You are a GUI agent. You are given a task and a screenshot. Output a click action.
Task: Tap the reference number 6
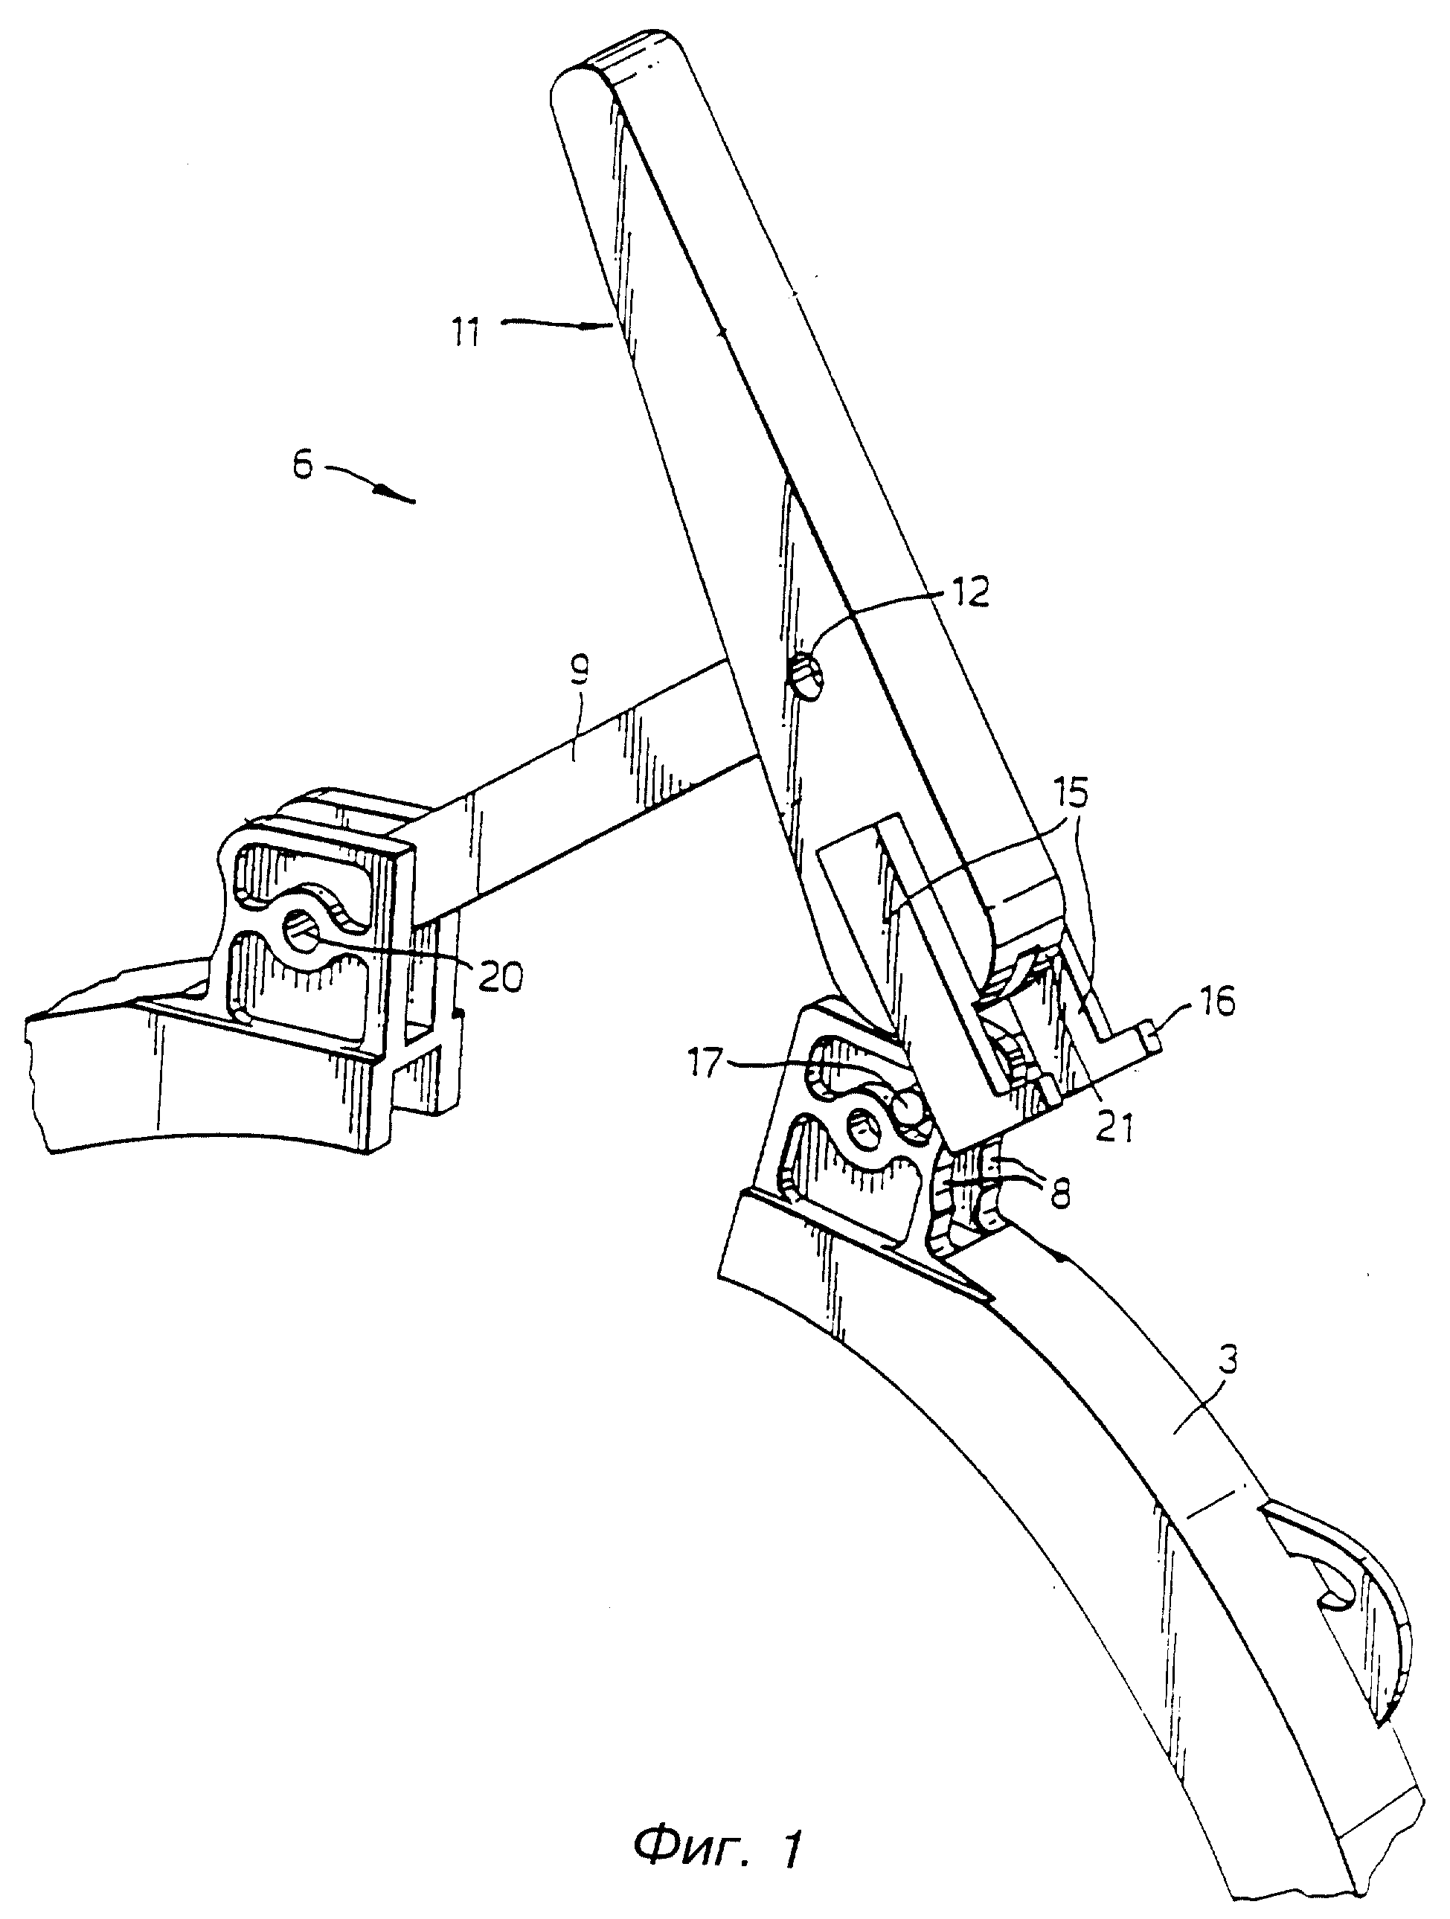(302, 469)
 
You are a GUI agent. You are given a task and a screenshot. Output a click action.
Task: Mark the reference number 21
(1115, 1130)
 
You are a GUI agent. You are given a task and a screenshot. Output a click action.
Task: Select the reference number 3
(1229, 1359)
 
